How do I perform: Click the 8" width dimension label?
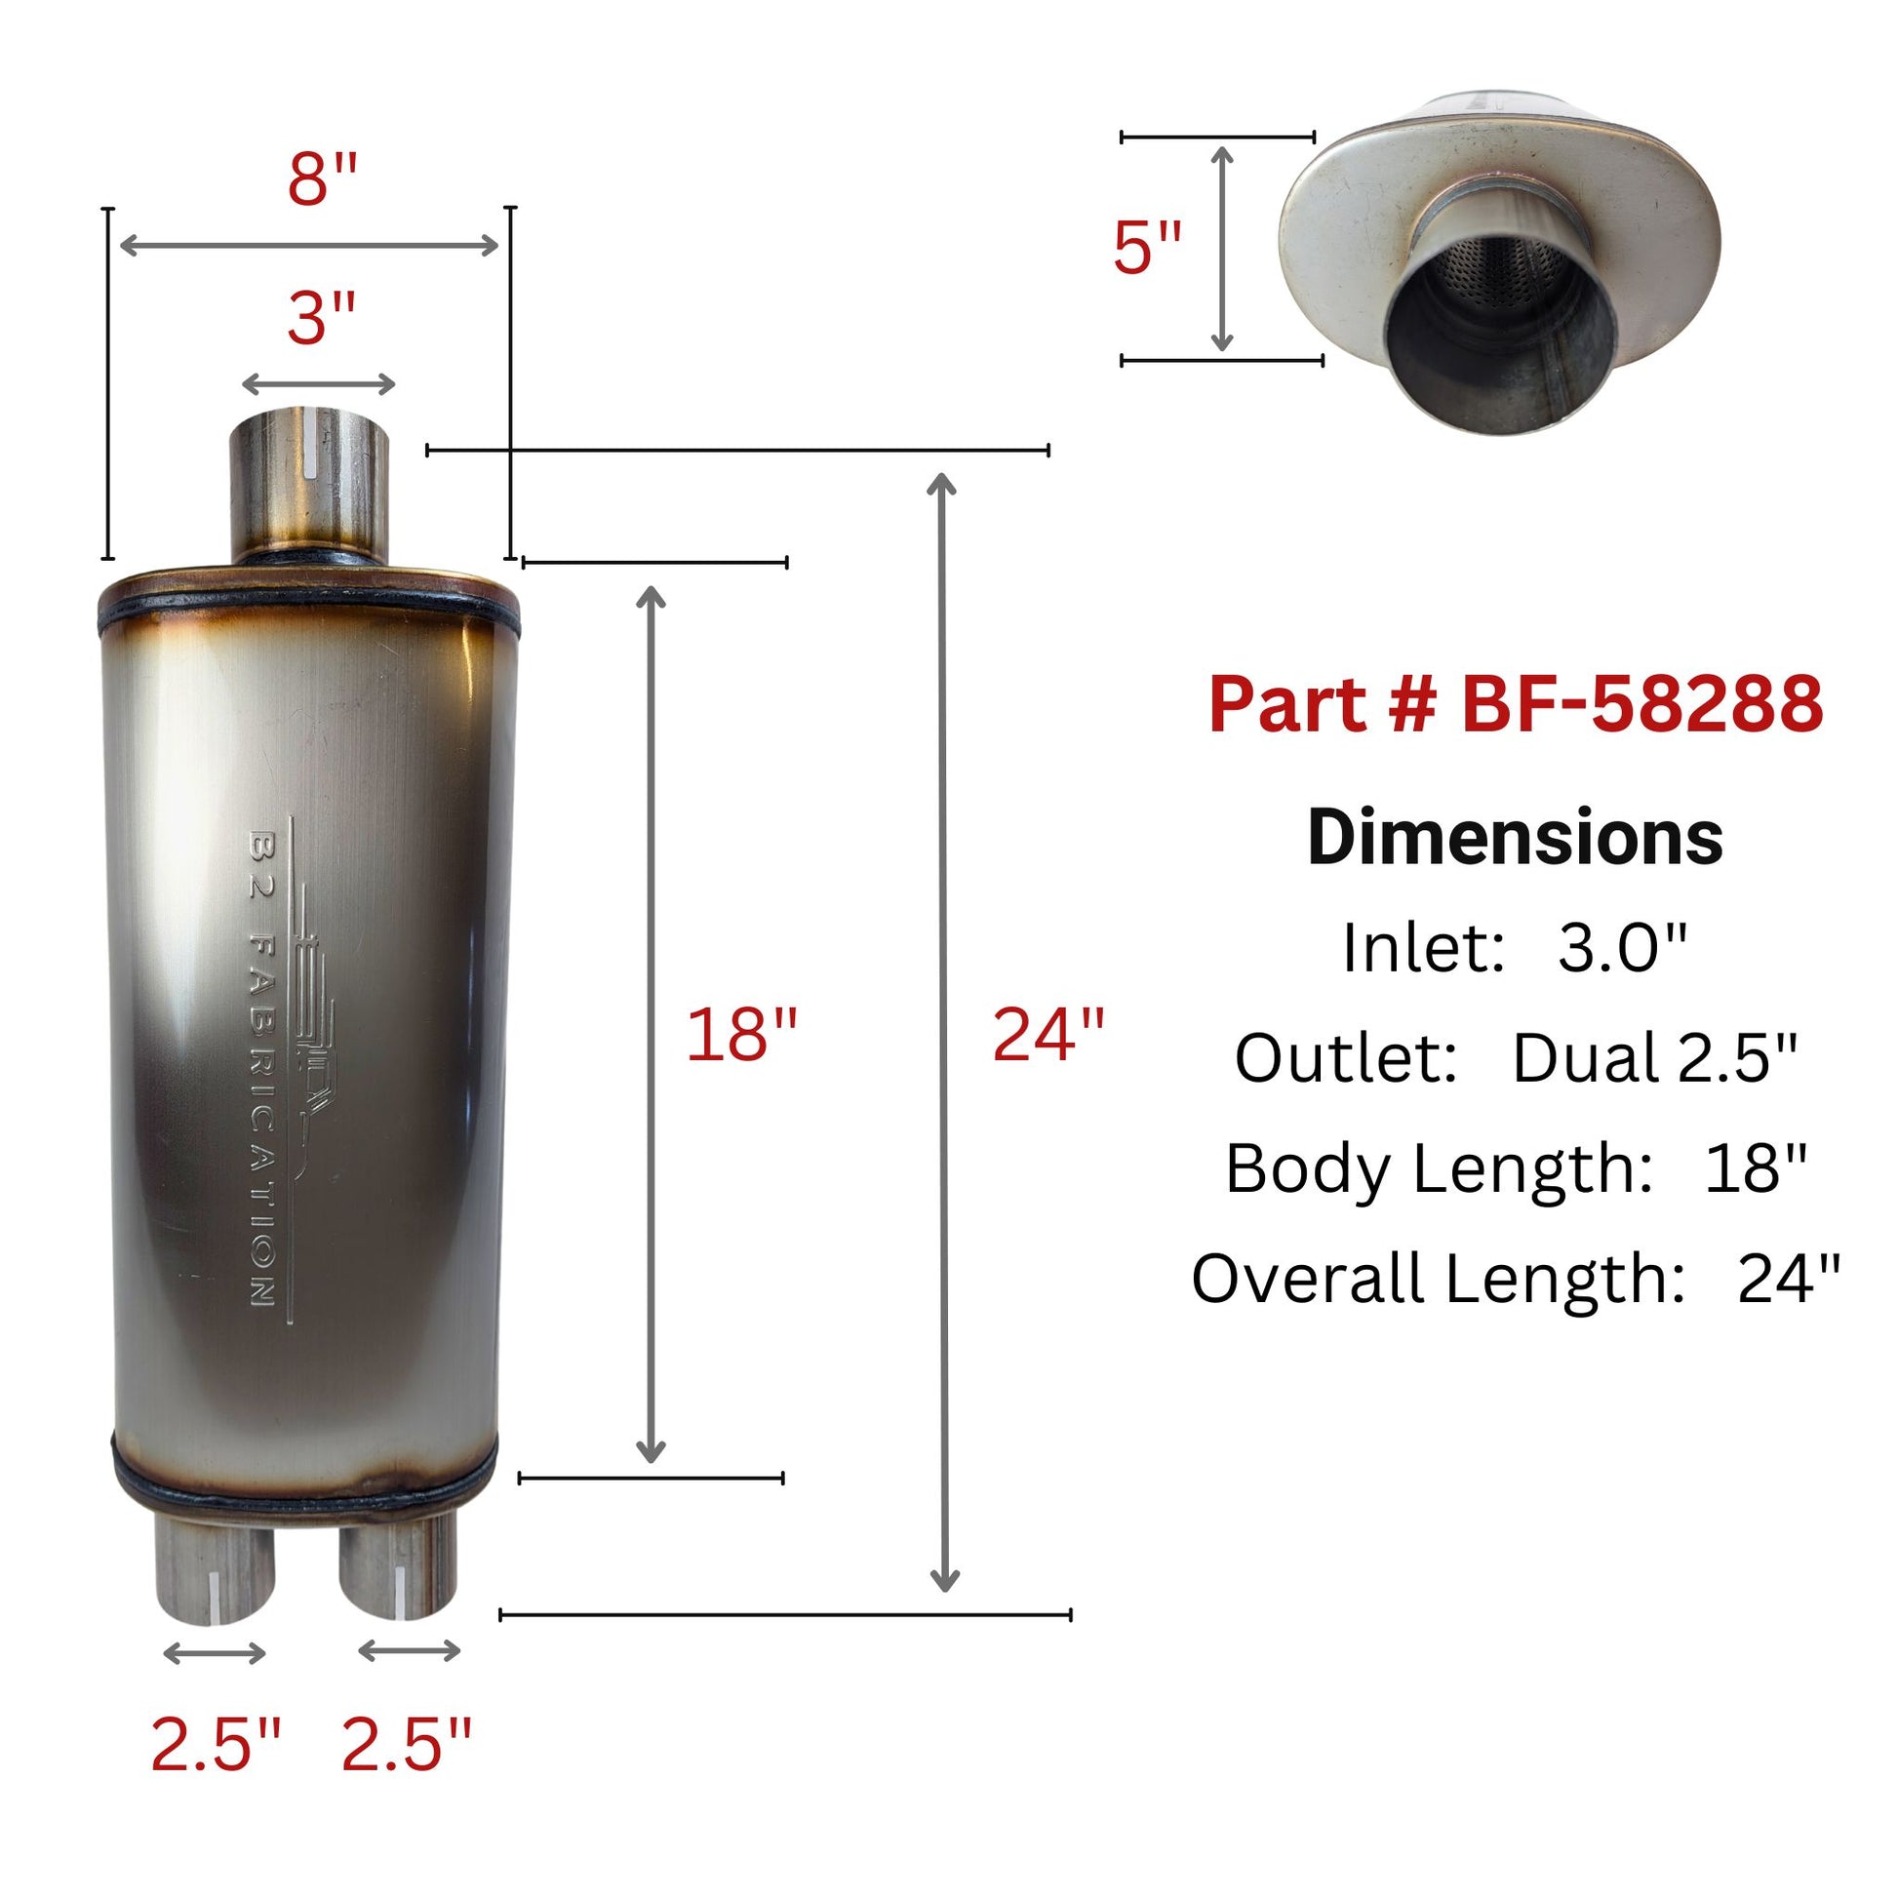coord(321,179)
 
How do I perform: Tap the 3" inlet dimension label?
coord(320,319)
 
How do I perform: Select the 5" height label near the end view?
coord(1146,247)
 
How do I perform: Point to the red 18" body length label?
coord(740,1035)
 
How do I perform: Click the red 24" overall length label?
coord(1048,1035)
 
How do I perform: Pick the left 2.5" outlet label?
coord(217,1745)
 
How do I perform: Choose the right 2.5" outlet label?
coord(406,1745)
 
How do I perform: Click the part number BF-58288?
coord(1515,703)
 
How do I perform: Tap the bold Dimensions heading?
coord(1515,838)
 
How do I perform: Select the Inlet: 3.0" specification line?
coord(1515,948)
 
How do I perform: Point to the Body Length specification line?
coord(1515,1169)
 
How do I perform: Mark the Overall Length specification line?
coord(1515,1279)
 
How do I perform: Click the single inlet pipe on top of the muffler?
coord(308,487)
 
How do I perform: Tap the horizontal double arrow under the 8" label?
coord(308,246)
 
